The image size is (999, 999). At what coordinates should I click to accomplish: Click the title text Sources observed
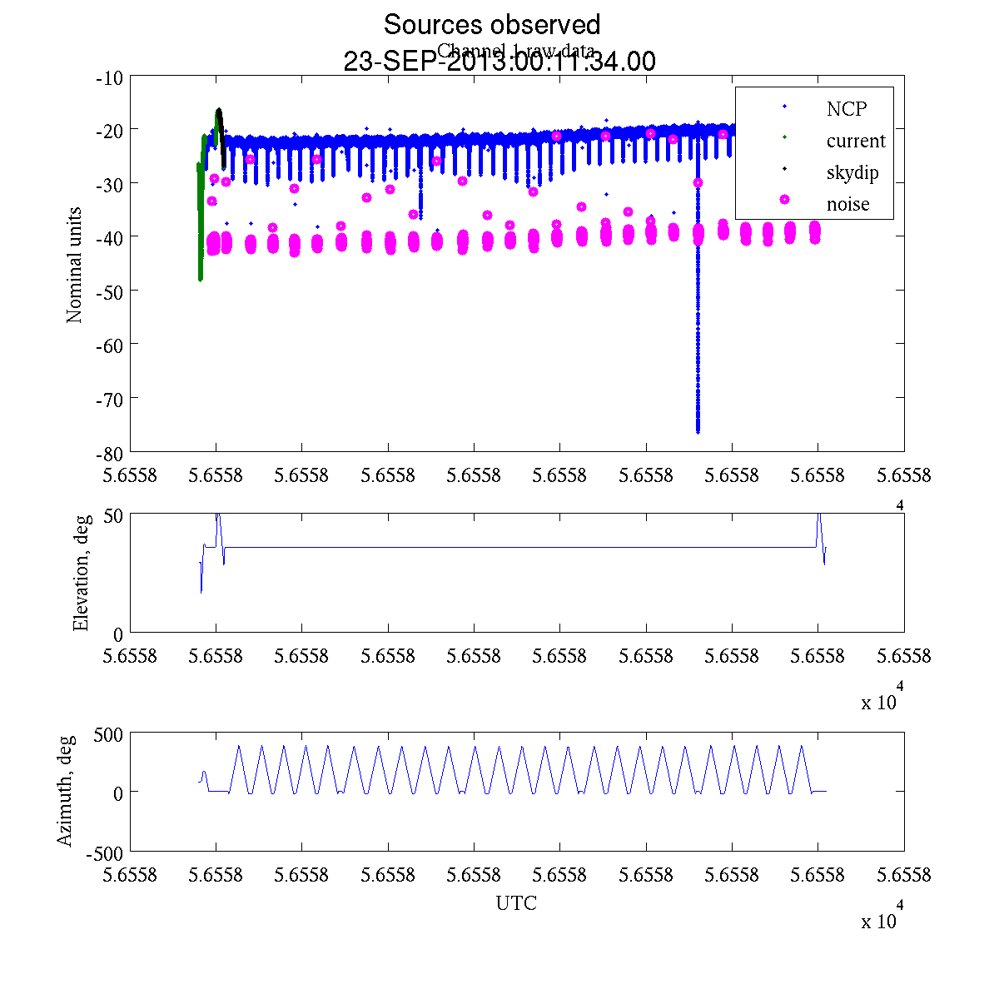coord(491,24)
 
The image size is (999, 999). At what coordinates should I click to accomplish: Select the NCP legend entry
coord(847,109)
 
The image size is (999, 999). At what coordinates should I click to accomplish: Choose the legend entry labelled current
coord(855,141)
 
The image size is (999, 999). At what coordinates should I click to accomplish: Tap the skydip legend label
coord(852,172)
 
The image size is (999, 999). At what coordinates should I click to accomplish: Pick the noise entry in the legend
coord(847,204)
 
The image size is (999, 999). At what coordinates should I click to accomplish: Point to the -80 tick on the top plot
coord(110,452)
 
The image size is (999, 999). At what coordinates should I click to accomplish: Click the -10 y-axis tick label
coord(110,78)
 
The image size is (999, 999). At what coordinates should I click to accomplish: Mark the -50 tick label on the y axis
coord(110,291)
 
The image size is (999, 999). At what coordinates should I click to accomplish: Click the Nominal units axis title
coord(75,265)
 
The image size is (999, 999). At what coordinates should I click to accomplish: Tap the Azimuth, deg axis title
coord(65,791)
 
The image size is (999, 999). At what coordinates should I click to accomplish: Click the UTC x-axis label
coord(516,903)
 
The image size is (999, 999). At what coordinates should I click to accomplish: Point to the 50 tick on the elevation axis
coord(113,515)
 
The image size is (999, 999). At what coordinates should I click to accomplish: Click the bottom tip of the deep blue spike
coord(698,431)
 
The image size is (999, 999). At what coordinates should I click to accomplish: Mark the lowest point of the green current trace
coord(201,280)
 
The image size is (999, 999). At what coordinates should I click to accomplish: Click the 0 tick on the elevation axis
coord(118,634)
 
